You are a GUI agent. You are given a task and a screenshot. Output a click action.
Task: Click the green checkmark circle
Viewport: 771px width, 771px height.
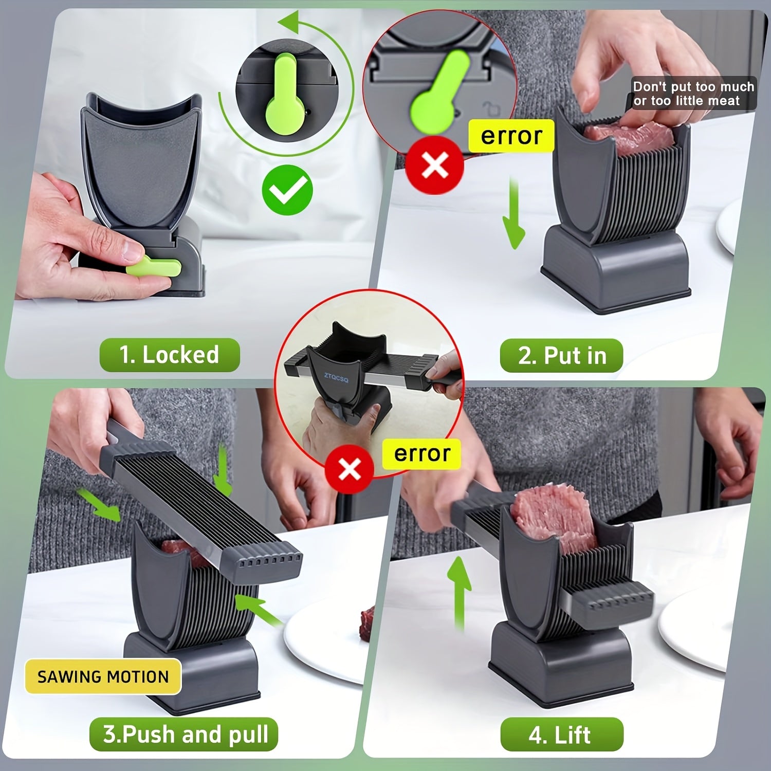287,190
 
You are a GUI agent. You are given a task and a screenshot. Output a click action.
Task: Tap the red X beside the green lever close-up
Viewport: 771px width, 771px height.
435,165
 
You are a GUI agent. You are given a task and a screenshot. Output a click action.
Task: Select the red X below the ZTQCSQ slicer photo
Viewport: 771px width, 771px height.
350,469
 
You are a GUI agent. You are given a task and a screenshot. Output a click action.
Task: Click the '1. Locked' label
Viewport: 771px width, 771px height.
170,355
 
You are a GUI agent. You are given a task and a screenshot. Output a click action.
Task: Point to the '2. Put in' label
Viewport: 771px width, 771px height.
562,356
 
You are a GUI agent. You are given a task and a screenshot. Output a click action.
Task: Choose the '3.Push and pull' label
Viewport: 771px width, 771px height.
185,734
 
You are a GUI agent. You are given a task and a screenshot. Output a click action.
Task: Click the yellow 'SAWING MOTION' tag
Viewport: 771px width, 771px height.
103,676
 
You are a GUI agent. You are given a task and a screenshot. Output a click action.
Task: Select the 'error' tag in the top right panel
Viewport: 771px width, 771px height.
511,136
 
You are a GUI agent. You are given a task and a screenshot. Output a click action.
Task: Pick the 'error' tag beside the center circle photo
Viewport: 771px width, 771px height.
422,454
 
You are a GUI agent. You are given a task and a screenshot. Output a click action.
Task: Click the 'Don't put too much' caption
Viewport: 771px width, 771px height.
693,86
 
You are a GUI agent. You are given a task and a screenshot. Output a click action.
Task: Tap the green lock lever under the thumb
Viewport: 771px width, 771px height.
154,268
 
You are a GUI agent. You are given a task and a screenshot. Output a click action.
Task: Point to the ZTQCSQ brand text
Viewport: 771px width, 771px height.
336,378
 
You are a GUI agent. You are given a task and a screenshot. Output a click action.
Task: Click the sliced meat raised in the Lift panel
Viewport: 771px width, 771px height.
553,517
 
